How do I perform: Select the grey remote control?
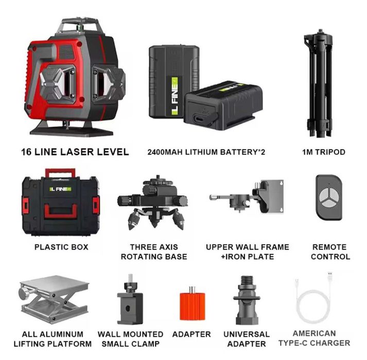click(329, 197)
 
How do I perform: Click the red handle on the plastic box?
click(60, 173)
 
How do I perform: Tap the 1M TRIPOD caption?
click(323, 152)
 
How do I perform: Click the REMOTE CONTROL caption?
click(330, 252)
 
